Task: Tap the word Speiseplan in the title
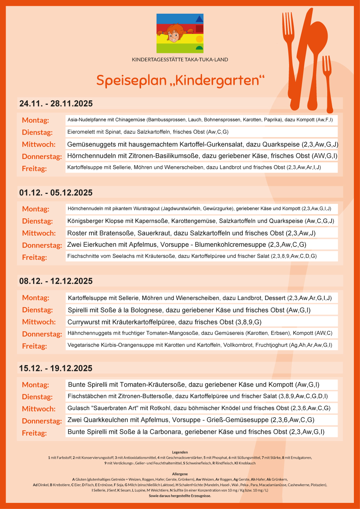tap(131, 80)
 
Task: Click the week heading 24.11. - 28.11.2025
tap(56, 104)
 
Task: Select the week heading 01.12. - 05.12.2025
tap(56, 193)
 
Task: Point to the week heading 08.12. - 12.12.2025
tap(56, 281)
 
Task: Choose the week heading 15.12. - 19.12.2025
tap(56, 368)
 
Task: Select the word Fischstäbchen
tap(85, 396)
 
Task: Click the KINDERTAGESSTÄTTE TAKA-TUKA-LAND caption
tap(180, 60)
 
